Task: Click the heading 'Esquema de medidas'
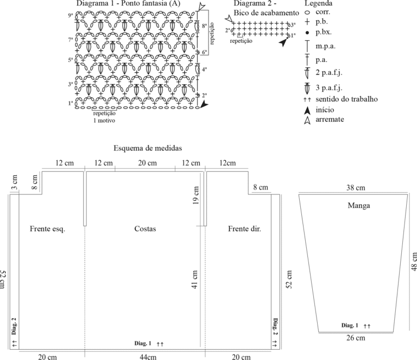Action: point(148,148)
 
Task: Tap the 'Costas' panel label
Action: point(145,229)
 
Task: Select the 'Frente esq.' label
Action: point(47,229)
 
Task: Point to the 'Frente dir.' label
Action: point(245,229)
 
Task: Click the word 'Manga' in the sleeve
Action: point(359,206)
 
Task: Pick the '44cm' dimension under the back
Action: point(148,357)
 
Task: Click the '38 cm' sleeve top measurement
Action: point(356,188)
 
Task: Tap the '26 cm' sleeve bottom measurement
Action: point(356,338)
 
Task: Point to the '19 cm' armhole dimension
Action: point(195,195)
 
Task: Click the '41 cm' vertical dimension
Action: point(195,280)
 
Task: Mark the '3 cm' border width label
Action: point(15,182)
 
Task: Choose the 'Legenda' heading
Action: point(318,3)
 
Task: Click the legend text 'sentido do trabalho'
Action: point(346,99)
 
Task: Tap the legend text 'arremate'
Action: point(330,119)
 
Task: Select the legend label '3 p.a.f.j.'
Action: point(329,88)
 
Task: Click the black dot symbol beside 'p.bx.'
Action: point(307,33)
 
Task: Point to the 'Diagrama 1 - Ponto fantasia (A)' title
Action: point(129,3)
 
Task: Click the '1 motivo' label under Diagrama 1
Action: point(104,121)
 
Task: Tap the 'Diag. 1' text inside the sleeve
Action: point(350,325)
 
